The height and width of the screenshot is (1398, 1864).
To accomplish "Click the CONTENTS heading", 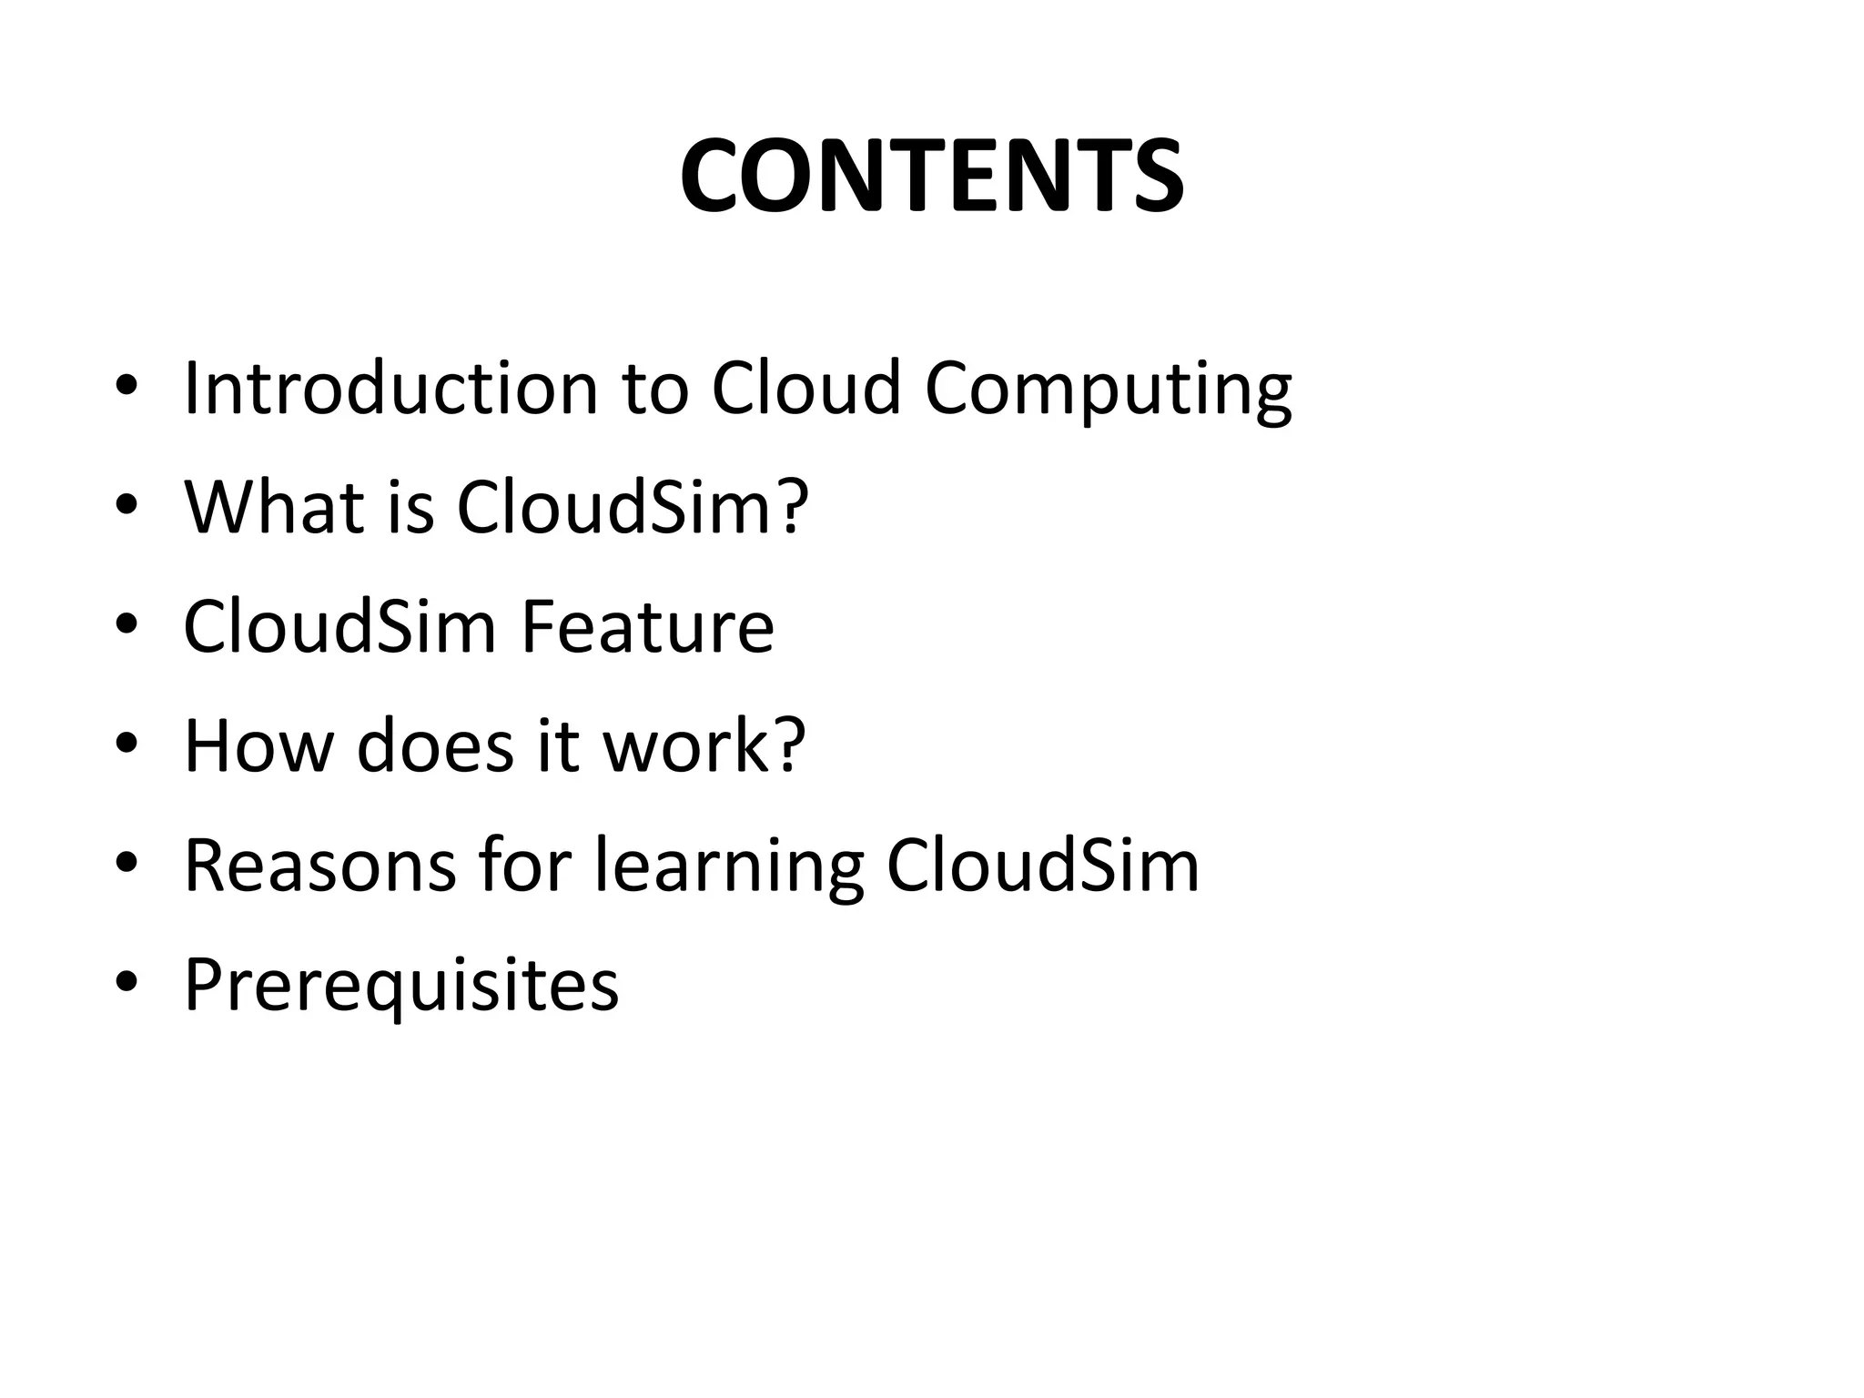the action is pos(931,176).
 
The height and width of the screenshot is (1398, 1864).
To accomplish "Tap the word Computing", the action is pos(1108,390).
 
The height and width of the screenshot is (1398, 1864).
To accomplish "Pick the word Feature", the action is pos(647,627).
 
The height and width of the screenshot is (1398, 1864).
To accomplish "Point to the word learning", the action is pos(728,867).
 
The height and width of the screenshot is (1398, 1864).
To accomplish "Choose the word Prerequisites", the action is pos(401,986).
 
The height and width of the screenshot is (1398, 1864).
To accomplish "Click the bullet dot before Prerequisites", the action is pos(127,983).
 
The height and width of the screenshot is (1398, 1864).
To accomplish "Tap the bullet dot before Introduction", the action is pos(127,386).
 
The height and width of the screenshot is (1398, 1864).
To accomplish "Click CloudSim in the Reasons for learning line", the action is pos(1043,866).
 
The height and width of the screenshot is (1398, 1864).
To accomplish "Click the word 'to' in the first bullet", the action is pos(655,390).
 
